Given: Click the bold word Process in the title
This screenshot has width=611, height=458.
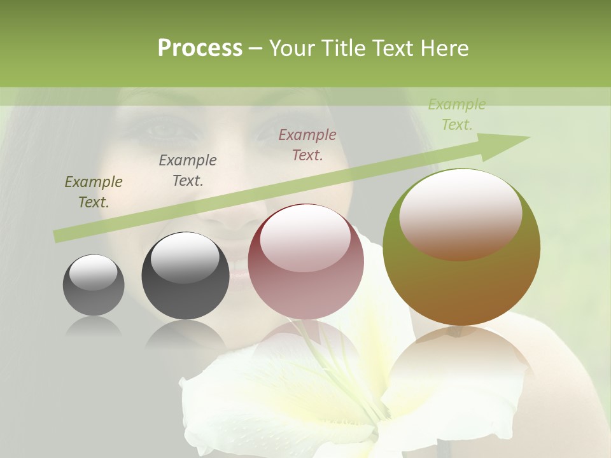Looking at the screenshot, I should pos(200,48).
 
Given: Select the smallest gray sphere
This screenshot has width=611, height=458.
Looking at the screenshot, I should pos(94,285).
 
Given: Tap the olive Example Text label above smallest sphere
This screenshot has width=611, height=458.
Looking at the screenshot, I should pos(94,192).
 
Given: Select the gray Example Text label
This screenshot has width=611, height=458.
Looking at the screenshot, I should pos(188,170).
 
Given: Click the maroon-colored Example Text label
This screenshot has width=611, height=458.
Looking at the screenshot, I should pos(307,144).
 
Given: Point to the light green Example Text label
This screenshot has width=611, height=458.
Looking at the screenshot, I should pos(457,114).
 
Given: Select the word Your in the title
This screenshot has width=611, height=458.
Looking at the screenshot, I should pos(294,48).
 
